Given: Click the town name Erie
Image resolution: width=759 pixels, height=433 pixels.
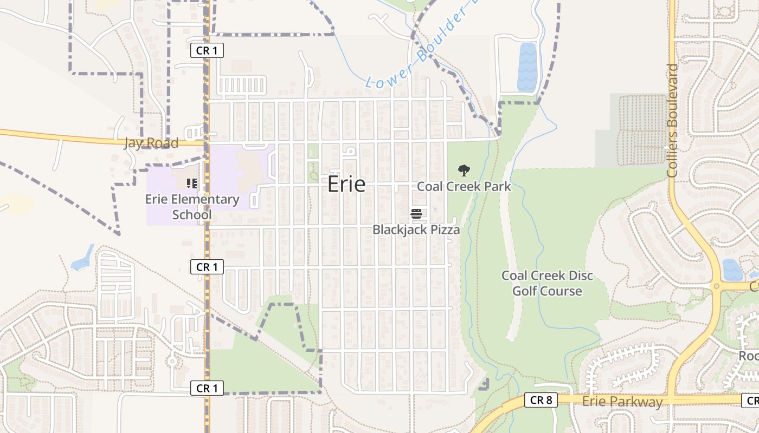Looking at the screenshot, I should tap(346, 185).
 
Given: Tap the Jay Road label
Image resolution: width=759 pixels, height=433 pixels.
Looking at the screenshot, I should tap(151, 143).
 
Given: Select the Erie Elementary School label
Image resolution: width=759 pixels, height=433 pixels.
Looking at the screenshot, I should tap(192, 207).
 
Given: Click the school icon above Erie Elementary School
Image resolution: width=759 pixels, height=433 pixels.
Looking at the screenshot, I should tap(191, 183).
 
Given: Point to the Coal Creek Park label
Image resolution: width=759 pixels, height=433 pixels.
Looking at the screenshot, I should tap(464, 187).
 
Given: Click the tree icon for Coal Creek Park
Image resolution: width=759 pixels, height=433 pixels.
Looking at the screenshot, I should tap(464, 171).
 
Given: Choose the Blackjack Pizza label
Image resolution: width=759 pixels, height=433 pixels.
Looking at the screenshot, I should tap(416, 229).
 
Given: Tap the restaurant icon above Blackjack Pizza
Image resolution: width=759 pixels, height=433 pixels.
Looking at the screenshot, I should tap(416, 214).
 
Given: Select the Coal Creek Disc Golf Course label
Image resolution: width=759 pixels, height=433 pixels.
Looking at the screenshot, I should tap(547, 283).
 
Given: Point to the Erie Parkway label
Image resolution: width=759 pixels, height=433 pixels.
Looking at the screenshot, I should tap(622, 402).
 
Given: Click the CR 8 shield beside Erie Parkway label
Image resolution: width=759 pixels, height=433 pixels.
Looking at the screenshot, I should tap(541, 400).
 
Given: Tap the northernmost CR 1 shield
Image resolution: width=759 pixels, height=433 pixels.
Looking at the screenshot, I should tap(207, 50).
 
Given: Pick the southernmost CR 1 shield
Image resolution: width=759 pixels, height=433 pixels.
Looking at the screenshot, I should tap(207, 388).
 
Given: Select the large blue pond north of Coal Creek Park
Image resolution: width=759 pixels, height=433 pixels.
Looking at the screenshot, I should tap(526, 67).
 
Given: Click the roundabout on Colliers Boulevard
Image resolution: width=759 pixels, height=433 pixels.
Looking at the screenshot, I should tap(716, 286).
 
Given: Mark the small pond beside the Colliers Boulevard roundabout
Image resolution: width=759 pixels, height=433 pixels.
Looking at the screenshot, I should tap(732, 269).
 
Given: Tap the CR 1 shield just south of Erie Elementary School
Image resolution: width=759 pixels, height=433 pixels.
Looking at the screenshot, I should tap(207, 266).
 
